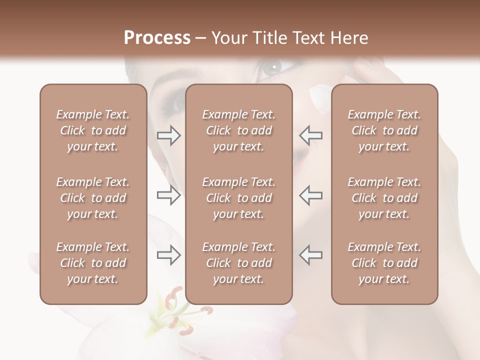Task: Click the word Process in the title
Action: [157, 38]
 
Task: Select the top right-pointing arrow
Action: [168, 135]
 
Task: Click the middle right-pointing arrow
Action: [168, 195]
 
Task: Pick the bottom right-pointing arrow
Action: [168, 255]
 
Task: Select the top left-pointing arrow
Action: [311, 135]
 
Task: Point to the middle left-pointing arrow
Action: [311, 195]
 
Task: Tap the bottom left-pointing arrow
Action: [311, 255]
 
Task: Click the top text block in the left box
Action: [93, 130]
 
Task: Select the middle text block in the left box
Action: [93, 198]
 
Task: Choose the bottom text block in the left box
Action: [93, 263]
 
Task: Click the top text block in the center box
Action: [238, 130]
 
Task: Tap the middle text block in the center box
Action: [238, 198]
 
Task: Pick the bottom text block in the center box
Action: [238, 263]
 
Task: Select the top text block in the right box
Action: [384, 130]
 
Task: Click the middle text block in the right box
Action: [384, 198]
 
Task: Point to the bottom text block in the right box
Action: [384, 263]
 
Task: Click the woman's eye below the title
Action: [273, 68]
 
